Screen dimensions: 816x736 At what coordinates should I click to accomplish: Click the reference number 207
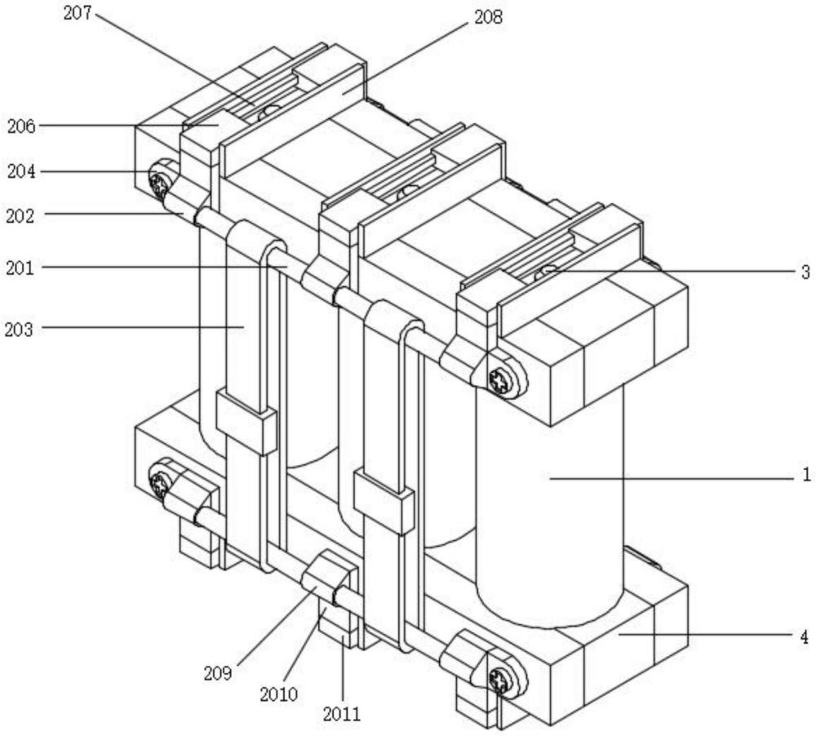pos(78,13)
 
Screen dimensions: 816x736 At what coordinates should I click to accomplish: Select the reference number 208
pos(489,17)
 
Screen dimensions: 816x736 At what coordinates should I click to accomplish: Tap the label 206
pos(21,126)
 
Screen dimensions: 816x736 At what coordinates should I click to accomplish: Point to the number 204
pos(21,171)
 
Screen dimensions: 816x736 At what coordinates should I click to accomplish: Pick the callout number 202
pos(20,216)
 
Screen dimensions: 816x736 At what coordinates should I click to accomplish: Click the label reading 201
pos(20,268)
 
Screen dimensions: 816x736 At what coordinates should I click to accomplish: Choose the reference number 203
pos(19,330)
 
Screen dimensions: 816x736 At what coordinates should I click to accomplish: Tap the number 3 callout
pos(805,273)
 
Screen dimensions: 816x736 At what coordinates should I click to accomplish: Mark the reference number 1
pos(806,475)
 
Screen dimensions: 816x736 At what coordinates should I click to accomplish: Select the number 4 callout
pos(805,636)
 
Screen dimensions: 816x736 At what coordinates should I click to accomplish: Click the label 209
pos(218,673)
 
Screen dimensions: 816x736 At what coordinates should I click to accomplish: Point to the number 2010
pos(279,694)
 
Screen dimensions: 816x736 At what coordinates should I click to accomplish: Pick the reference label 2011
pos(342,714)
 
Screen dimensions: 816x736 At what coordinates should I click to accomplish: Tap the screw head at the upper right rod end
pos(500,380)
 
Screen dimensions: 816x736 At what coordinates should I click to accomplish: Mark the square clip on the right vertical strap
pos(384,502)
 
